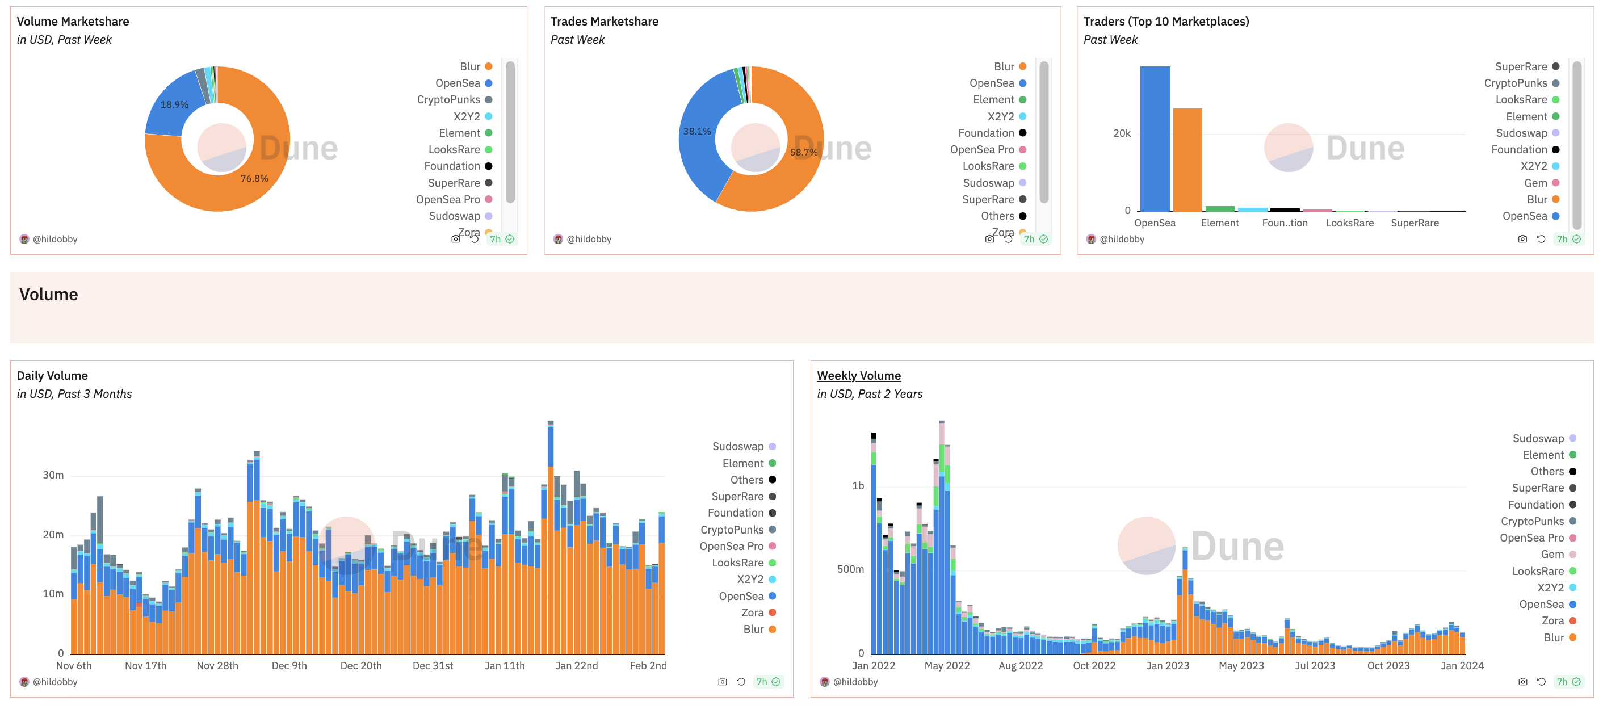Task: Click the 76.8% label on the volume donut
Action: (x=254, y=179)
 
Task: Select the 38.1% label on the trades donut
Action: (x=696, y=131)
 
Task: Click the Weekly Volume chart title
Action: (x=858, y=376)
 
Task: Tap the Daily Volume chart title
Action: (x=52, y=376)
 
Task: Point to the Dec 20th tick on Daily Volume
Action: (x=361, y=666)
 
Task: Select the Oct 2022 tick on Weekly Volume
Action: (x=1094, y=666)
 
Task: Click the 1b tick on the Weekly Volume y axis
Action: (x=858, y=486)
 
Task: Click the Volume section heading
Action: (x=49, y=295)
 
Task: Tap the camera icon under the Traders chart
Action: (x=1522, y=239)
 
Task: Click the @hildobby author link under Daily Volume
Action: (x=54, y=682)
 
